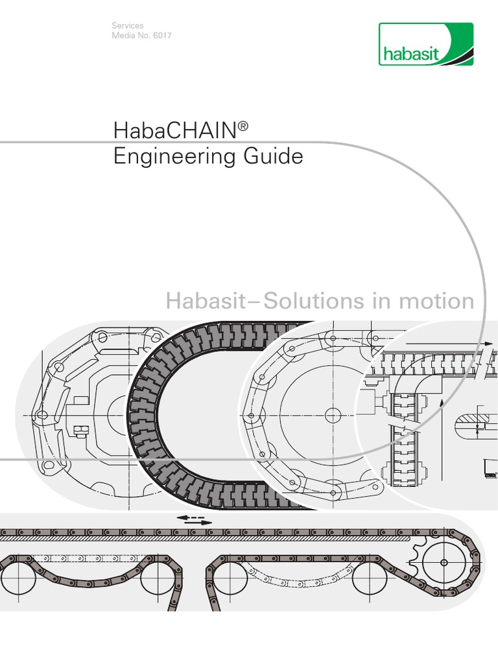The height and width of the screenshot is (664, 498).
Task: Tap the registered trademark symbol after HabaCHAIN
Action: click(243, 123)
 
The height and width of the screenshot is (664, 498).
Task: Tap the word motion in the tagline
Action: click(439, 301)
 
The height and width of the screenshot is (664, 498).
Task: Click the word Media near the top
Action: click(123, 35)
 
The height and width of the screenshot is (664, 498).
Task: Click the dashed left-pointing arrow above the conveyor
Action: click(189, 517)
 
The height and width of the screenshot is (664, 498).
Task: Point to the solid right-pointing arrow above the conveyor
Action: click(194, 523)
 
